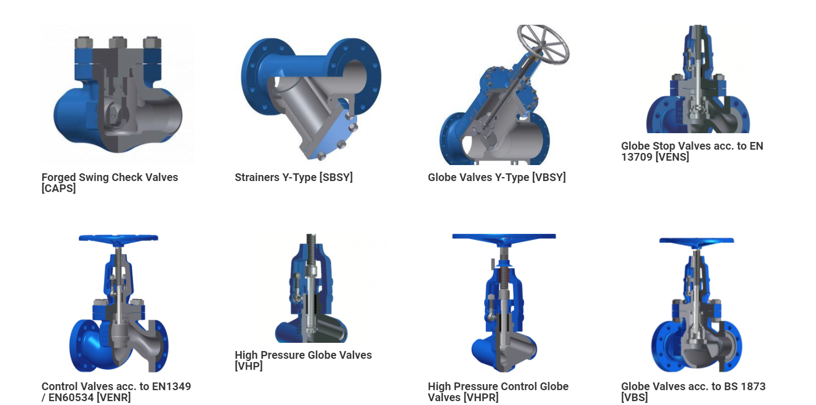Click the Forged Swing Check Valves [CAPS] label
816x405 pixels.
pos(110,183)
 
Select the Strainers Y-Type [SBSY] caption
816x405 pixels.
pos(293,177)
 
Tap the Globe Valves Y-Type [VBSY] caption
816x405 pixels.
pos(497,177)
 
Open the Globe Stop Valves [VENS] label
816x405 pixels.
pos(692,151)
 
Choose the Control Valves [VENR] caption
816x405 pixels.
pos(116,392)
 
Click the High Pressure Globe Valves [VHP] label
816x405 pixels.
pos(303,360)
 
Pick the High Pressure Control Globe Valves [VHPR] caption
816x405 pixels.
pos(498,392)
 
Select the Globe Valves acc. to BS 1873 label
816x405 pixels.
pos(693,392)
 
